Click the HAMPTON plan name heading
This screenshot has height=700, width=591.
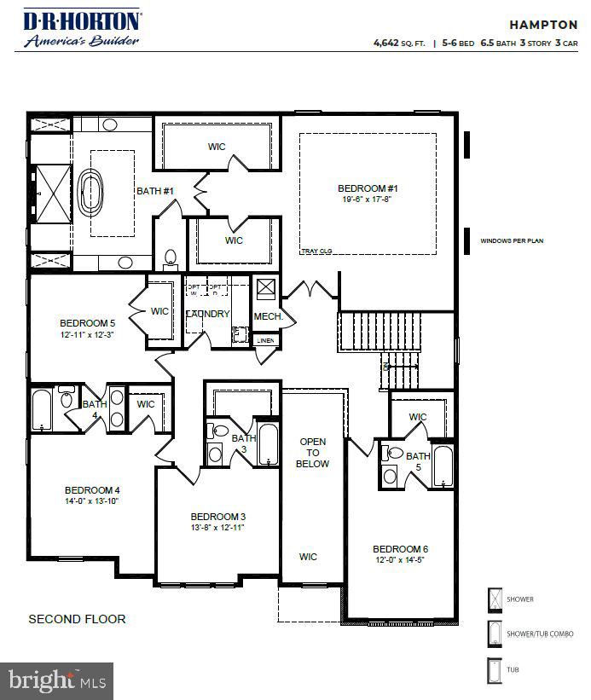542,25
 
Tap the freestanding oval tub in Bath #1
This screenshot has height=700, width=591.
90,194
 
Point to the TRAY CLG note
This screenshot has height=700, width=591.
316,252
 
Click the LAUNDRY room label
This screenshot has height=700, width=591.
208,314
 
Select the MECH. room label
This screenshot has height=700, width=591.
267,316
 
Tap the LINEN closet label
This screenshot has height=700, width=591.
265,340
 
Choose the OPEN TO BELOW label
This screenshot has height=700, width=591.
312,452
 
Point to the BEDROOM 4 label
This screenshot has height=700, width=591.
92,490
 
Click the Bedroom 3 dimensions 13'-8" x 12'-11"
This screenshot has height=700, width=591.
217,529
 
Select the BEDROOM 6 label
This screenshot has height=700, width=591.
400,548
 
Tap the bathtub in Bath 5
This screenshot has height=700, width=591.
443,466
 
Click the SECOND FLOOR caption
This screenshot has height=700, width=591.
77,619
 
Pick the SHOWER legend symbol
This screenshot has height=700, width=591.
495,599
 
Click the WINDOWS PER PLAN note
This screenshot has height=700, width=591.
512,241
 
